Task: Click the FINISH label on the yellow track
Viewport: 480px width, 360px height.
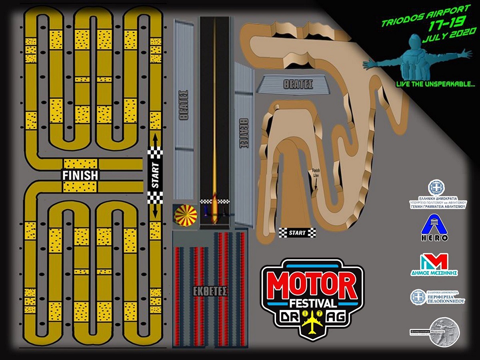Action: (80, 175)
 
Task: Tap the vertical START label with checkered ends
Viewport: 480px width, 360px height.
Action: (155, 175)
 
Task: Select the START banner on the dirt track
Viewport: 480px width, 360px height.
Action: (297, 232)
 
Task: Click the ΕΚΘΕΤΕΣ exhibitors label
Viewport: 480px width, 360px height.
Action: (206, 291)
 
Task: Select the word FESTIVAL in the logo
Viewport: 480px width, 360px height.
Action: (312, 302)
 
